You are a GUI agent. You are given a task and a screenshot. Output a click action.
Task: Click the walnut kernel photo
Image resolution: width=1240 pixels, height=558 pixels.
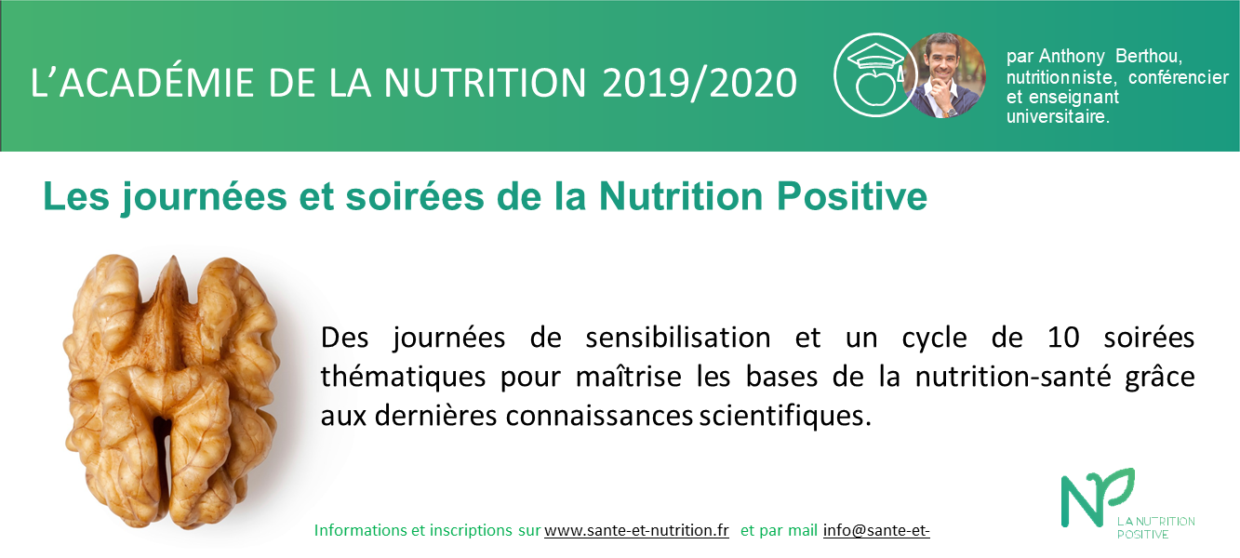point(170,391)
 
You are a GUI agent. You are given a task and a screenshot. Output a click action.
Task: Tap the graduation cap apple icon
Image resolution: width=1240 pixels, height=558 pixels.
point(875,74)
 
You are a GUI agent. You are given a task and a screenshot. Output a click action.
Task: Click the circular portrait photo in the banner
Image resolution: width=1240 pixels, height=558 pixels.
point(944,75)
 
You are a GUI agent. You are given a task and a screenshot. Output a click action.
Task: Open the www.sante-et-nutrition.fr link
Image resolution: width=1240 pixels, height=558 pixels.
point(636,530)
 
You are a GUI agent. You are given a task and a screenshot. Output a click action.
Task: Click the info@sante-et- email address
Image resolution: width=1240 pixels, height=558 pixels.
point(876,530)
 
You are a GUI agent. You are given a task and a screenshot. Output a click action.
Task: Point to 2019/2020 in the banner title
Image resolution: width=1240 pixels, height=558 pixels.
point(700,84)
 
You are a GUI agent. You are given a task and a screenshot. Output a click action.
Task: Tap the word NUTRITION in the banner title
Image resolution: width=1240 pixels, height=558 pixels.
point(485,84)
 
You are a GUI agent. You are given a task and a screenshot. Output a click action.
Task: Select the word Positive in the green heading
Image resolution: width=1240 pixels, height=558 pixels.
point(852,196)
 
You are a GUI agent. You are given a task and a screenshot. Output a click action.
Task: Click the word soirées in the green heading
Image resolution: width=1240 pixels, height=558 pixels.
point(415,196)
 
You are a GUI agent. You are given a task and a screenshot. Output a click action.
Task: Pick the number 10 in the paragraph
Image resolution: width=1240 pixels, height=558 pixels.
point(1063,337)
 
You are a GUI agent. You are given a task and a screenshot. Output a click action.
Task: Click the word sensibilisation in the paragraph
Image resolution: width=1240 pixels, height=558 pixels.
point(678,337)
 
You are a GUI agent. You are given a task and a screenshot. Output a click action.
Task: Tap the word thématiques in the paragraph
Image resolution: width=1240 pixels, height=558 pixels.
point(403,377)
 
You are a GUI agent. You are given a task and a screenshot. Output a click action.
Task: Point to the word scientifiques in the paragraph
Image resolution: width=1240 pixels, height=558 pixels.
point(785,416)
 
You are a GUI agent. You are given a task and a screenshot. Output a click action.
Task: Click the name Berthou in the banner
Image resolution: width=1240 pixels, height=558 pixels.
point(1149,57)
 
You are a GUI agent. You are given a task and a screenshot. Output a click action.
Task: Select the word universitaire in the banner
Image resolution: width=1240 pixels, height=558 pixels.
point(1058,117)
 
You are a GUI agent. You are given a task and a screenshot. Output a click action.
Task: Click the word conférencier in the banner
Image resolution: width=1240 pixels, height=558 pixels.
point(1179,77)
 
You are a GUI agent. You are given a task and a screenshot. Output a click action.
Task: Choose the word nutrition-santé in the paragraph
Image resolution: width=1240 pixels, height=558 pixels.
point(1012,377)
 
